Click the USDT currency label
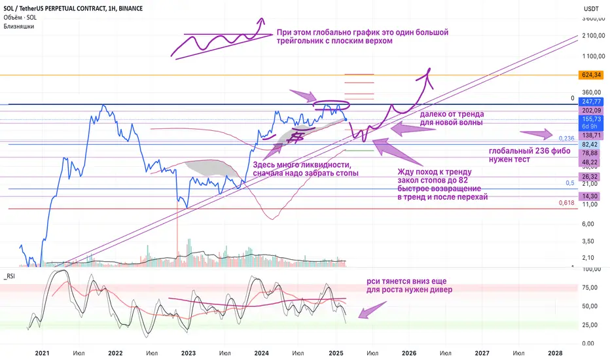tap(590, 9)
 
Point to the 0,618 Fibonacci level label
tap(567, 204)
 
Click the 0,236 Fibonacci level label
tap(566, 138)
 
